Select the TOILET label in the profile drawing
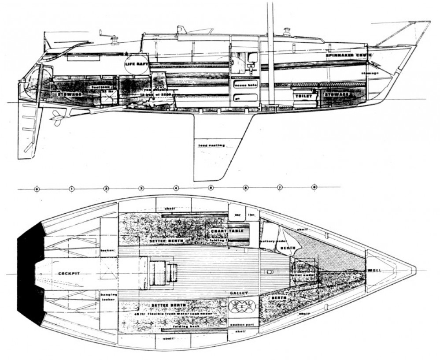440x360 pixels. (x=304, y=96)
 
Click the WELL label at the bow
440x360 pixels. (x=375, y=270)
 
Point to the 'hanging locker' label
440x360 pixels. (x=108, y=296)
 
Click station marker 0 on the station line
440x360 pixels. (x=37, y=189)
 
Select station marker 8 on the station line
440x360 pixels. (x=314, y=188)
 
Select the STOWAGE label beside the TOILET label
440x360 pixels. (x=338, y=94)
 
